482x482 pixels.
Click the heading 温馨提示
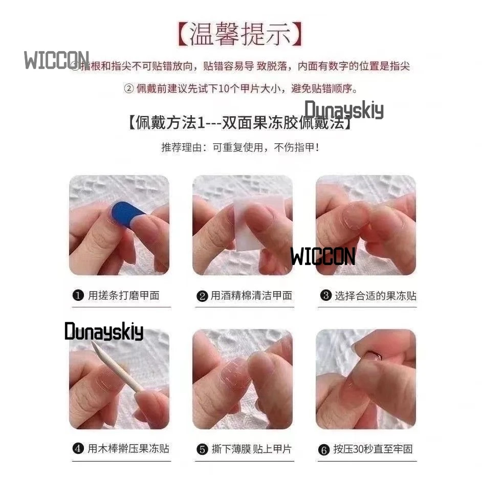pyautogui.click(x=240, y=35)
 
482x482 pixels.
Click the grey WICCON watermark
pyautogui.click(x=56, y=60)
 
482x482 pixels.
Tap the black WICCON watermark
pyautogui.click(x=322, y=256)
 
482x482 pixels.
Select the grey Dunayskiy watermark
pyautogui.click(x=344, y=110)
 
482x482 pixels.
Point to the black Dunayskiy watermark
pyautogui.click(x=104, y=332)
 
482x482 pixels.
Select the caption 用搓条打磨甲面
pyautogui.click(x=123, y=295)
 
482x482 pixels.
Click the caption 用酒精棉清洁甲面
pyautogui.click(x=251, y=295)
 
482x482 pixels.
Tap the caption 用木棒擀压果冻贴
pyautogui.click(x=128, y=449)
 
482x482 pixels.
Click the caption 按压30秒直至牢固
pyautogui.click(x=373, y=449)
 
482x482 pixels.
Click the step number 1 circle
pyautogui.click(x=78, y=295)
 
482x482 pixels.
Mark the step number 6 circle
pyautogui.click(x=323, y=450)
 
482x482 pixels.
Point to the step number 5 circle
pyautogui.click(x=202, y=450)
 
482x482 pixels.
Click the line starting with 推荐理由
pyautogui.click(x=240, y=148)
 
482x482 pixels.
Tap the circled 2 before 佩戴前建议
pyautogui.click(x=129, y=89)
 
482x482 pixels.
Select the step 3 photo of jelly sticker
pyautogui.click(x=365, y=225)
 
